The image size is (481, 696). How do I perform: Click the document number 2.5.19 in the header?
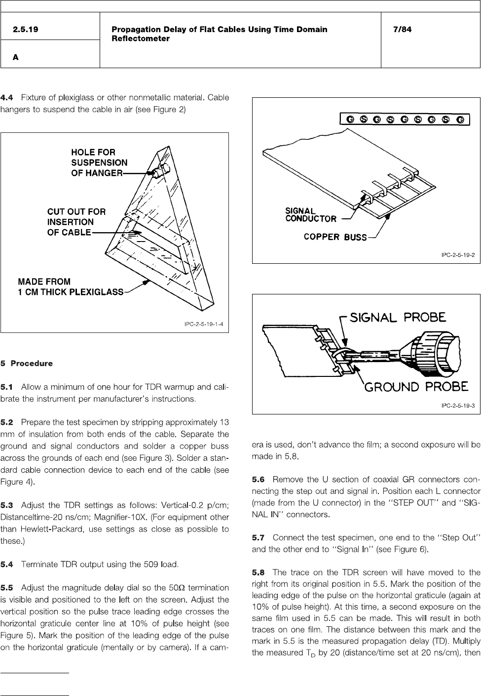coord(26,29)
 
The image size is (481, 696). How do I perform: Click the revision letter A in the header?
coord(16,57)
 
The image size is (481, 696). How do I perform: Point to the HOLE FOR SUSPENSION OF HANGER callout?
coord(99,163)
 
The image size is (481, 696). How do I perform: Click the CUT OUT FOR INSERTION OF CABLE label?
coord(76,222)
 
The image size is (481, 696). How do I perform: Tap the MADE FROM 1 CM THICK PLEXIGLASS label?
coord(70,287)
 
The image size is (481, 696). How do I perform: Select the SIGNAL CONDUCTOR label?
coord(311,215)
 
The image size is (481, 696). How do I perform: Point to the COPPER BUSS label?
coord(335,237)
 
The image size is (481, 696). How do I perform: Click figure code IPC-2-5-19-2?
coord(458,255)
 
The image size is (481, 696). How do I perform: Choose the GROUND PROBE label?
coord(415,387)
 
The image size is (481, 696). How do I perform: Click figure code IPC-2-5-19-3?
coord(458,406)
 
